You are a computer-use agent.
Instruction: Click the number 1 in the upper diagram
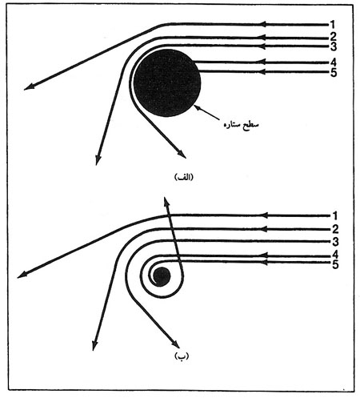coord(332,25)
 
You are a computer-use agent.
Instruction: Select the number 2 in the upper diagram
coord(333,37)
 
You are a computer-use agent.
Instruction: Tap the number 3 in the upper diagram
coord(334,46)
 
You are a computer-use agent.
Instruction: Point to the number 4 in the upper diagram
coord(334,62)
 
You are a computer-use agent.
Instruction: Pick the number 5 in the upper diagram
coord(334,73)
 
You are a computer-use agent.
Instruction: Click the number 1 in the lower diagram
coord(335,215)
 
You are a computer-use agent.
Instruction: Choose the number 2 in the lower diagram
coord(335,229)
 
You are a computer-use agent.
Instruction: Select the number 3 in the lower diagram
coord(335,242)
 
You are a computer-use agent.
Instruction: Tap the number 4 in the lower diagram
coord(335,255)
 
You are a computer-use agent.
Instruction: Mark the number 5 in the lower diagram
coord(335,264)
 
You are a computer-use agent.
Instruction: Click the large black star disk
coord(167,83)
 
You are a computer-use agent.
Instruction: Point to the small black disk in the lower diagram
coord(162,276)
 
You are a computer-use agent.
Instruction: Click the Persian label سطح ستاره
coord(242,125)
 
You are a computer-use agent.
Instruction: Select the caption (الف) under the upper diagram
coord(184,178)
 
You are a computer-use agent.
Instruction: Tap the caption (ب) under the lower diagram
coord(182,356)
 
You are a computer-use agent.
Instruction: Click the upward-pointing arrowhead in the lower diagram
coord(166,202)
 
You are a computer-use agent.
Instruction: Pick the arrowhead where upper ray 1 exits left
coord(28,86)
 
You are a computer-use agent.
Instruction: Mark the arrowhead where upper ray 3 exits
coord(182,154)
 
